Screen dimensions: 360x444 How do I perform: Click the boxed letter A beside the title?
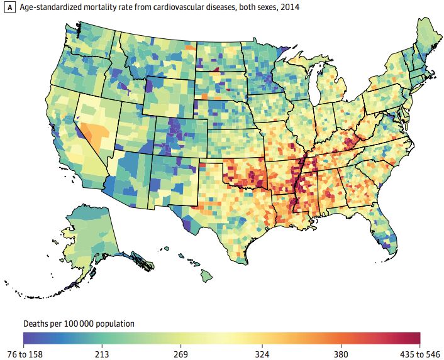9,8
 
